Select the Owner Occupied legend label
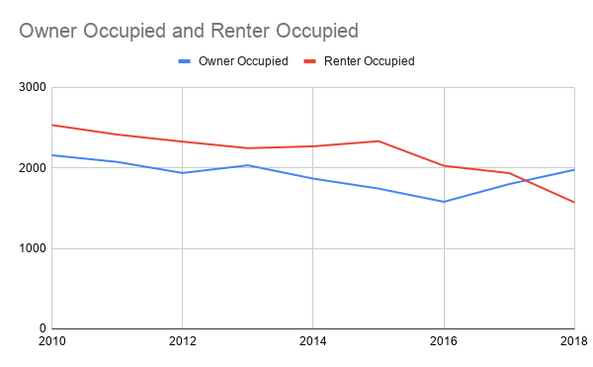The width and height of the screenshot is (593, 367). (243, 61)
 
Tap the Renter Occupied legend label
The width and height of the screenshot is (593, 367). (369, 61)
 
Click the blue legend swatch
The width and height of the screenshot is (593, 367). (184, 61)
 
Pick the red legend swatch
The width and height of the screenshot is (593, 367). (310, 61)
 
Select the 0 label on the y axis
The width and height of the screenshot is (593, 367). (41, 328)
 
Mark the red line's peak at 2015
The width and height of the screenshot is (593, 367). (379, 140)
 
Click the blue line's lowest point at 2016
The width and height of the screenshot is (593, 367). (444, 202)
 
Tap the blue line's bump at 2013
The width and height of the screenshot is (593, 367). (247, 165)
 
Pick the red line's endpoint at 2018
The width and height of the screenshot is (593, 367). (574, 202)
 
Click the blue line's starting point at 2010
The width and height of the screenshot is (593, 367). (51, 154)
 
